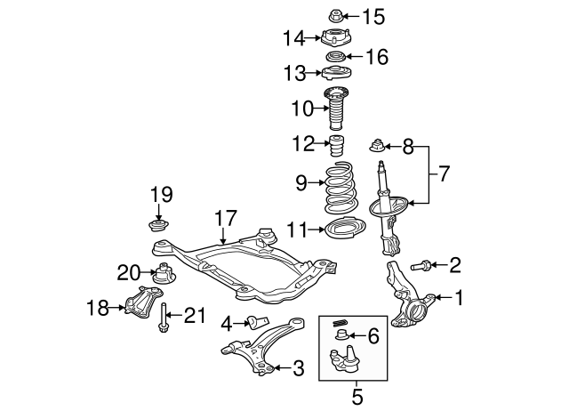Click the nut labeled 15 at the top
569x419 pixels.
tap(336, 16)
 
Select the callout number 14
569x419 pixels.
tap(294, 38)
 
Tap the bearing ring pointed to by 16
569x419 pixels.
tap(335, 57)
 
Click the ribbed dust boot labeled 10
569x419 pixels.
tap(336, 108)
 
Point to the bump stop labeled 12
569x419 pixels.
tap(337, 145)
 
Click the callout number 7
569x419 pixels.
tap(444, 174)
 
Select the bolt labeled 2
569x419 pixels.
tap(421, 266)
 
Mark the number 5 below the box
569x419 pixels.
tap(357, 397)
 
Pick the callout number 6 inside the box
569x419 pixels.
tap(373, 336)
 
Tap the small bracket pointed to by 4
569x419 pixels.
tap(258, 321)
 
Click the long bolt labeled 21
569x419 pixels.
tap(163, 318)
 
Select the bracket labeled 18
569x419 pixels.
tap(143, 302)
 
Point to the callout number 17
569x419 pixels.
tap(225, 218)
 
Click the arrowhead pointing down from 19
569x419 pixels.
tap(158, 216)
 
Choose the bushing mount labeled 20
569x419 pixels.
tap(164, 273)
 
